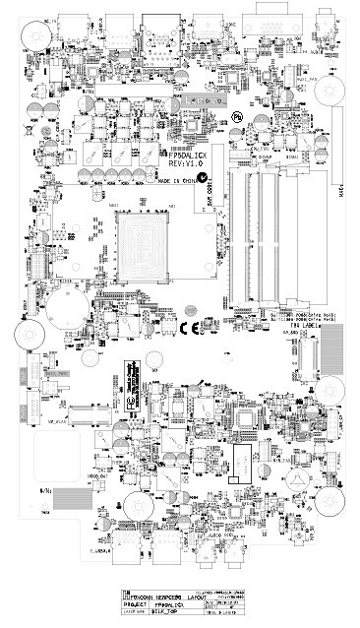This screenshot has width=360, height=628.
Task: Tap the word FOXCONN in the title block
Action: [135, 597]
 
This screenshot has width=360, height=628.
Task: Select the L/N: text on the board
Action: [46, 487]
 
